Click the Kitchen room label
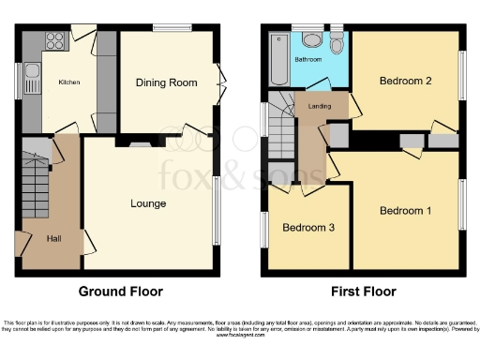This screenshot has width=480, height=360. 69,82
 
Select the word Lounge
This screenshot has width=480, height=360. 148,203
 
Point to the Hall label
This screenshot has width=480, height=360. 53,238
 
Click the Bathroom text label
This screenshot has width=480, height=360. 309,59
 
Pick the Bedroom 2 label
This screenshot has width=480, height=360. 405,82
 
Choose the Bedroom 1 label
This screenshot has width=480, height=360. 405,210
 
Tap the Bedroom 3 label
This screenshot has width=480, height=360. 309,228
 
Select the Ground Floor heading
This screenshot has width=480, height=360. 117,291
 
